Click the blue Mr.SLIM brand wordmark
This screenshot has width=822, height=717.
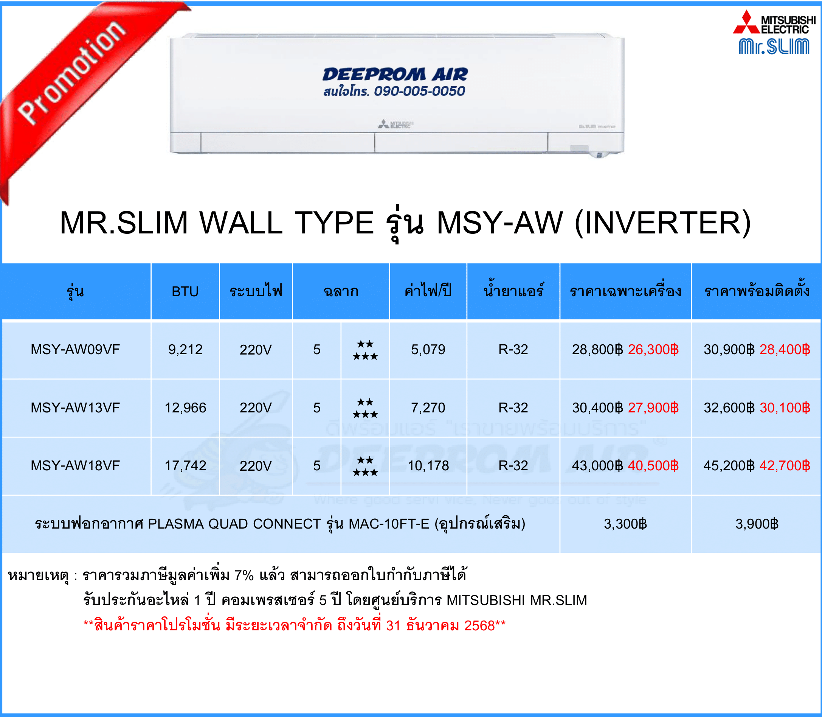click(774, 47)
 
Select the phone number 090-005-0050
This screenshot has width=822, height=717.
click(419, 91)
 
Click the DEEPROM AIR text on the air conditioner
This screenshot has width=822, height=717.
click(395, 75)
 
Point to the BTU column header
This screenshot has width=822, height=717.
click(185, 291)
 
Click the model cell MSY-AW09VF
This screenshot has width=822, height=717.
click(75, 349)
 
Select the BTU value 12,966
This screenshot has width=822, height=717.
click(186, 408)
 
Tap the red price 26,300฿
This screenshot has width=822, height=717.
click(653, 349)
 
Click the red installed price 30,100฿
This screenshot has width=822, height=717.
click(785, 408)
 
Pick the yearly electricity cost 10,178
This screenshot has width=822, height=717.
click(428, 466)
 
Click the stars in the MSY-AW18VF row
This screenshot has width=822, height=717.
click(365, 466)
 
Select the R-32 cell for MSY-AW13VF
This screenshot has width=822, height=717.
click(513, 408)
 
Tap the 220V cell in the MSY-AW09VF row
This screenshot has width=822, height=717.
click(256, 350)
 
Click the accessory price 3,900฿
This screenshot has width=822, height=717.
click(757, 524)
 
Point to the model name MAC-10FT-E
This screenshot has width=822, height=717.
click(389, 524)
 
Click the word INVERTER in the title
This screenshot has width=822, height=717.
click(663, 223)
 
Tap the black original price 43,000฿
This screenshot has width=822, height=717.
click(597, 466)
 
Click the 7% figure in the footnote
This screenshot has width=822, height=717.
click(244, 575)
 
